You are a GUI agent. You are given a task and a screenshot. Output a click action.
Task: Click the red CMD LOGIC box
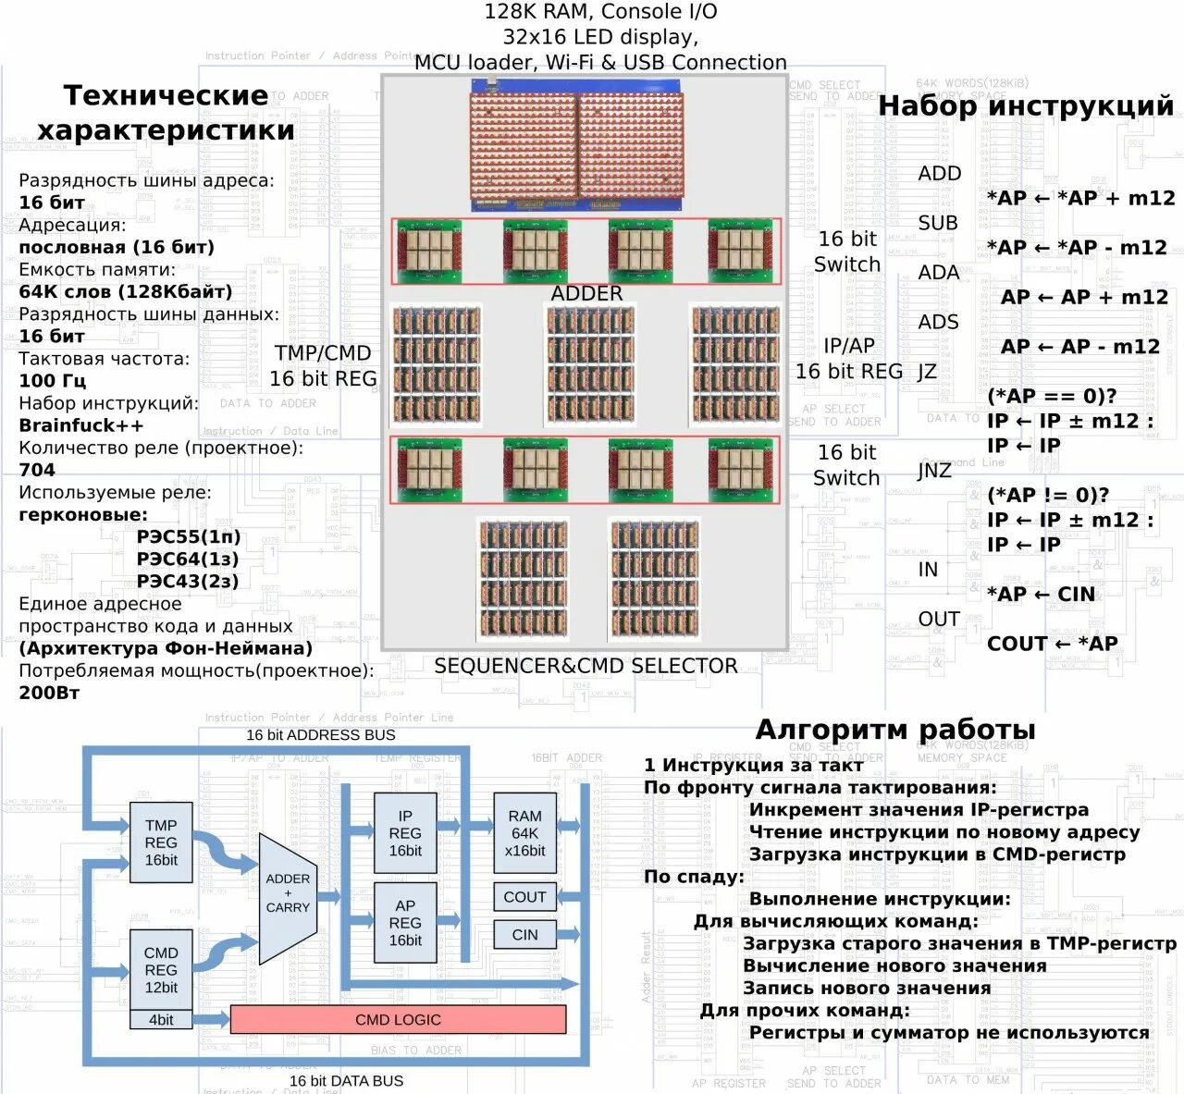[x=398, y=1019]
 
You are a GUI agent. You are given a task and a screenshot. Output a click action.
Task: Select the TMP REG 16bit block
[x=161, y=842]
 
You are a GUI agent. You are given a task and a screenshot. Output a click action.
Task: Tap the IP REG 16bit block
[x=405, y=833]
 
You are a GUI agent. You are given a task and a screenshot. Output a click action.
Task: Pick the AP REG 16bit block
[x=405, y=923]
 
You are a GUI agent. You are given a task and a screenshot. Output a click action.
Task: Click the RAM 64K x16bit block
[x=524, y=833]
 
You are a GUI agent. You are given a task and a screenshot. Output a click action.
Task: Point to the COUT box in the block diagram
[x=524, y=897]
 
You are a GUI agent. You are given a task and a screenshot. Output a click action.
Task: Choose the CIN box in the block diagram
[x=524, y=935]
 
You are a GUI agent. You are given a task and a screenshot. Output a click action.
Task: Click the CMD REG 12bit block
[x=161, y=970]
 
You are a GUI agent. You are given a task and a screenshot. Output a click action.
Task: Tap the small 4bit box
[x=161, y=1020]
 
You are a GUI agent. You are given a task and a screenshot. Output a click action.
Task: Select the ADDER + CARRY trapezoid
[x=289, y=894]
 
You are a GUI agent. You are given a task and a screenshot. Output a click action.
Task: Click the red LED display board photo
[x=578, y=146]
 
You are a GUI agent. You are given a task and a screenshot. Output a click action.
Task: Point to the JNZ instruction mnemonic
[x=934, y=471]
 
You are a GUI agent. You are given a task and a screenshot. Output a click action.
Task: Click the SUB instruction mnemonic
[x=938, y=223]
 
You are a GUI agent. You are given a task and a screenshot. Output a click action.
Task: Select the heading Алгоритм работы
[x=895, y=730]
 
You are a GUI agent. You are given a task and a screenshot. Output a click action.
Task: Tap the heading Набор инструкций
[x=1026, y=105]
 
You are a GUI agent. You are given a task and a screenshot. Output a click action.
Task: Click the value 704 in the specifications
[x=37, y=470]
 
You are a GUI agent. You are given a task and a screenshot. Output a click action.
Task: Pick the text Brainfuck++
[x=81, y=425]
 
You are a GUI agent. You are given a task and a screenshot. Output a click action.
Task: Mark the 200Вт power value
[x=49, y=693]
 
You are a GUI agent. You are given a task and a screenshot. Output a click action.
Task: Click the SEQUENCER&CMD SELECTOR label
[x=586, y=666]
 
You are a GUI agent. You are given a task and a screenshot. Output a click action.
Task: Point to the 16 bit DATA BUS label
[x=346, y=1080]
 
